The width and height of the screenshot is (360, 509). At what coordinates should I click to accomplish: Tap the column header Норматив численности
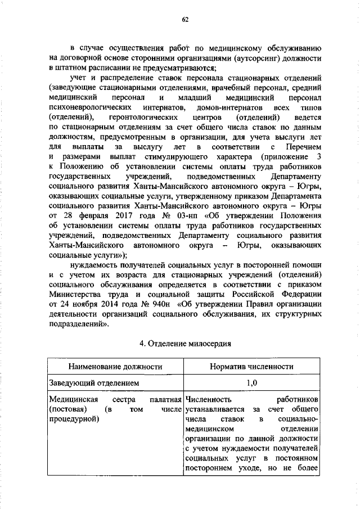(x=251, y=367)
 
